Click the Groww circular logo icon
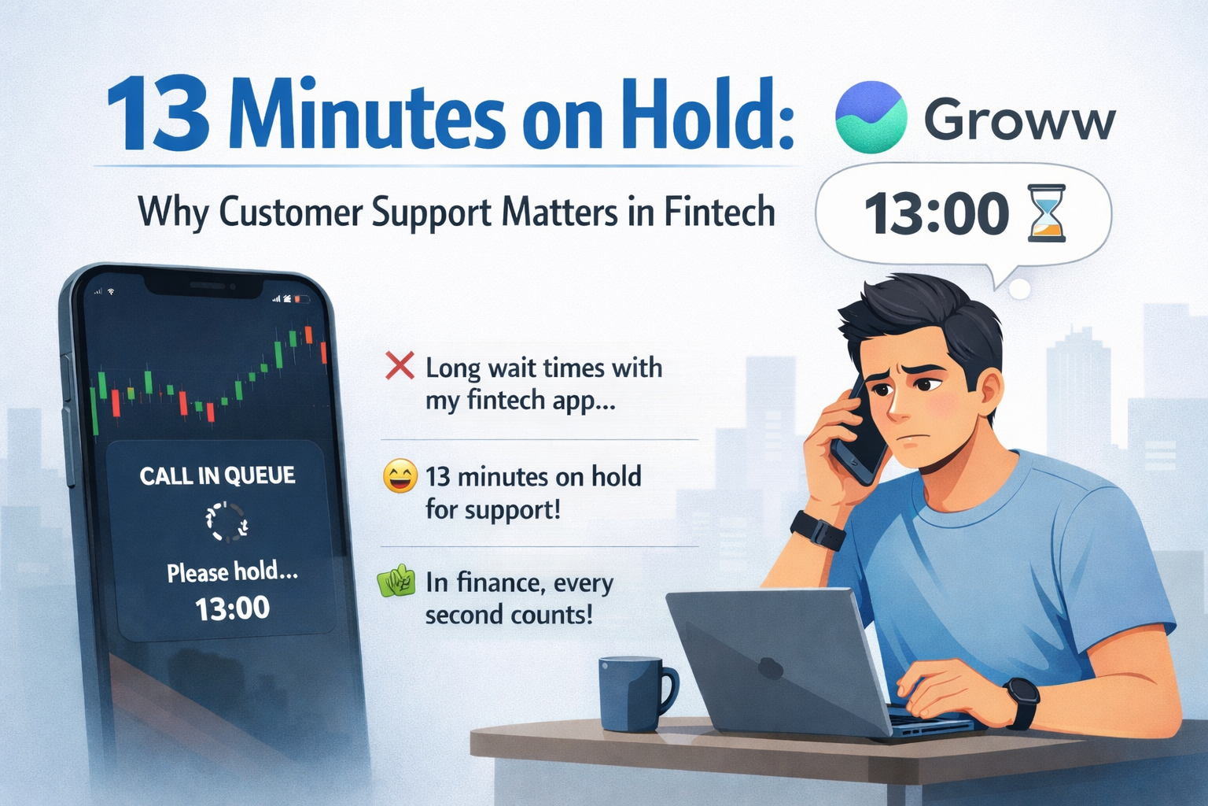(871, 116)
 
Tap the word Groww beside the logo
(1019, 120)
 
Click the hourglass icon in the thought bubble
(1047, 213)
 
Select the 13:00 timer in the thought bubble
(937, 214)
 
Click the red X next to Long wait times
(400, 365)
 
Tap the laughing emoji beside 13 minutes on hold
(400, 476)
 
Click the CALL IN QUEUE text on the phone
(217, 475)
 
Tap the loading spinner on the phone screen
(226, 522)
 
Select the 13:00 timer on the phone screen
(233, 608)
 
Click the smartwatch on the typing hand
(1021, 704)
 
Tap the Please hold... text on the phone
(233, 571)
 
